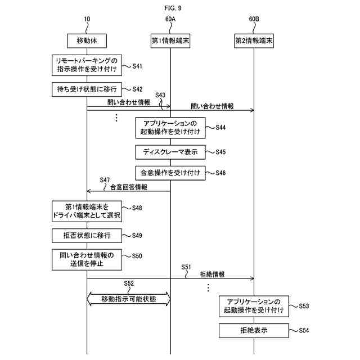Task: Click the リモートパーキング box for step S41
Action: tap(87, 65)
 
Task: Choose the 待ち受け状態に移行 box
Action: tap(87, 89)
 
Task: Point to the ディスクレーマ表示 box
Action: tap(170, 152)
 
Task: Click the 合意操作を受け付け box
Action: tap(170, 173)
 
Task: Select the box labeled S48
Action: tap(87, 211)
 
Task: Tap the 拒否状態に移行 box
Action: tap(87, 235)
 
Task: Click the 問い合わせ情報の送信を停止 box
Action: tap(87, 259)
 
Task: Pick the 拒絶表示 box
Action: tap(253, 330)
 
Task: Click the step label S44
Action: tap(220, 128)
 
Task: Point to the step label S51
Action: tap(187, 267)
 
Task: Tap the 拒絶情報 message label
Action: tap(213, 274)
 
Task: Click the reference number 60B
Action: tap(254, 19)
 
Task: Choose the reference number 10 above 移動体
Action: tap(87, 19)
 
